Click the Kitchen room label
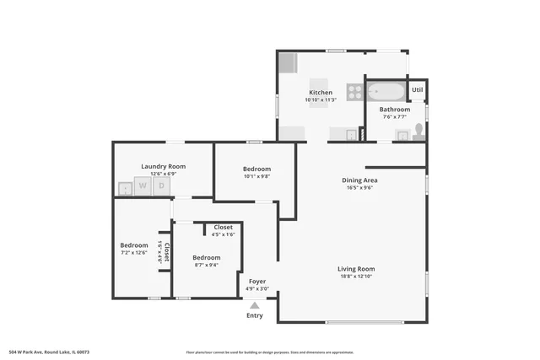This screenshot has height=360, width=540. [x=321, y=93]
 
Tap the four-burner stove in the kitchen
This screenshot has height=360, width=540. [x=354, y=91]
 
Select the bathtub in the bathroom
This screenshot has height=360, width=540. [x=386, y=91]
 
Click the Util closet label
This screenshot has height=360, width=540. [x=417, y=89]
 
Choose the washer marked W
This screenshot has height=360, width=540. [x=143, y=185]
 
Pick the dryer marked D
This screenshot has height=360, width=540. [x=160, y=185]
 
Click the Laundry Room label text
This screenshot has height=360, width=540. [x=163, y=166]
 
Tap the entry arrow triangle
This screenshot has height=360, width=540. [x=255, y=305]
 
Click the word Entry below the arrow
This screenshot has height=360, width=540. [x=255, y=316]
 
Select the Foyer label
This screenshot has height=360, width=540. [x=257, y=281]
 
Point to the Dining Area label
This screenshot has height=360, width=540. [x=359, y=180]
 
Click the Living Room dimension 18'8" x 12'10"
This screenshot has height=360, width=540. [x=355, y=277]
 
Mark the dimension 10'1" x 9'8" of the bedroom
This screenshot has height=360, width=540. [x=256, y=176]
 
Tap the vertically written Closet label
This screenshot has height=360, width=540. [x=167, y=252]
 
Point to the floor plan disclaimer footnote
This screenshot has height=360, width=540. [x=269, y=352]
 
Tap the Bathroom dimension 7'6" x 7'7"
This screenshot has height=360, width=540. [x=394, y=117]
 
